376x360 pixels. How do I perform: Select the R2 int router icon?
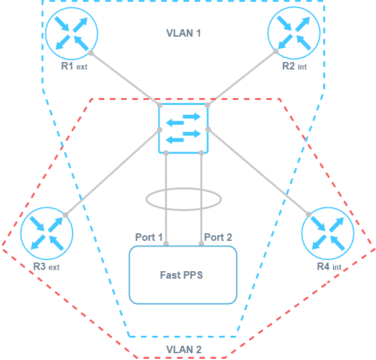pyautogui.click(x=293, y=32)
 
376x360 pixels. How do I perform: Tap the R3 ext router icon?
pyautogui.click(x=47, y=233)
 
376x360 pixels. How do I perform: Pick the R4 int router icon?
pyautogui.click(x=328, y=233)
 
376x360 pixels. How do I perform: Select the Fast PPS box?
pyautogui.click(x=183, y=275)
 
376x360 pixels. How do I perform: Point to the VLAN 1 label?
pyautogui.click(x=183, y=32)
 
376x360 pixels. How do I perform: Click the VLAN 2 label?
pyautogui.click(x=183, y=350)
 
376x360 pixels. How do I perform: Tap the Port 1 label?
pyautogui.click(x=149, y=237)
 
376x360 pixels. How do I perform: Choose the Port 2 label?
pyautogui.click(x=218, y=237)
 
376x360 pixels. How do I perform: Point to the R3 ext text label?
pyautogui.click(x=46, y=268)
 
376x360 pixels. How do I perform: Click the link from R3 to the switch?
pyautogui.click(x=112, y=173)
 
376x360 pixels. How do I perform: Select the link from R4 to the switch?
pyautogui.click(x=258, y=173)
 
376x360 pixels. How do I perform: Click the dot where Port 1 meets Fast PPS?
pyautogui.click(x=166, y=244)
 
